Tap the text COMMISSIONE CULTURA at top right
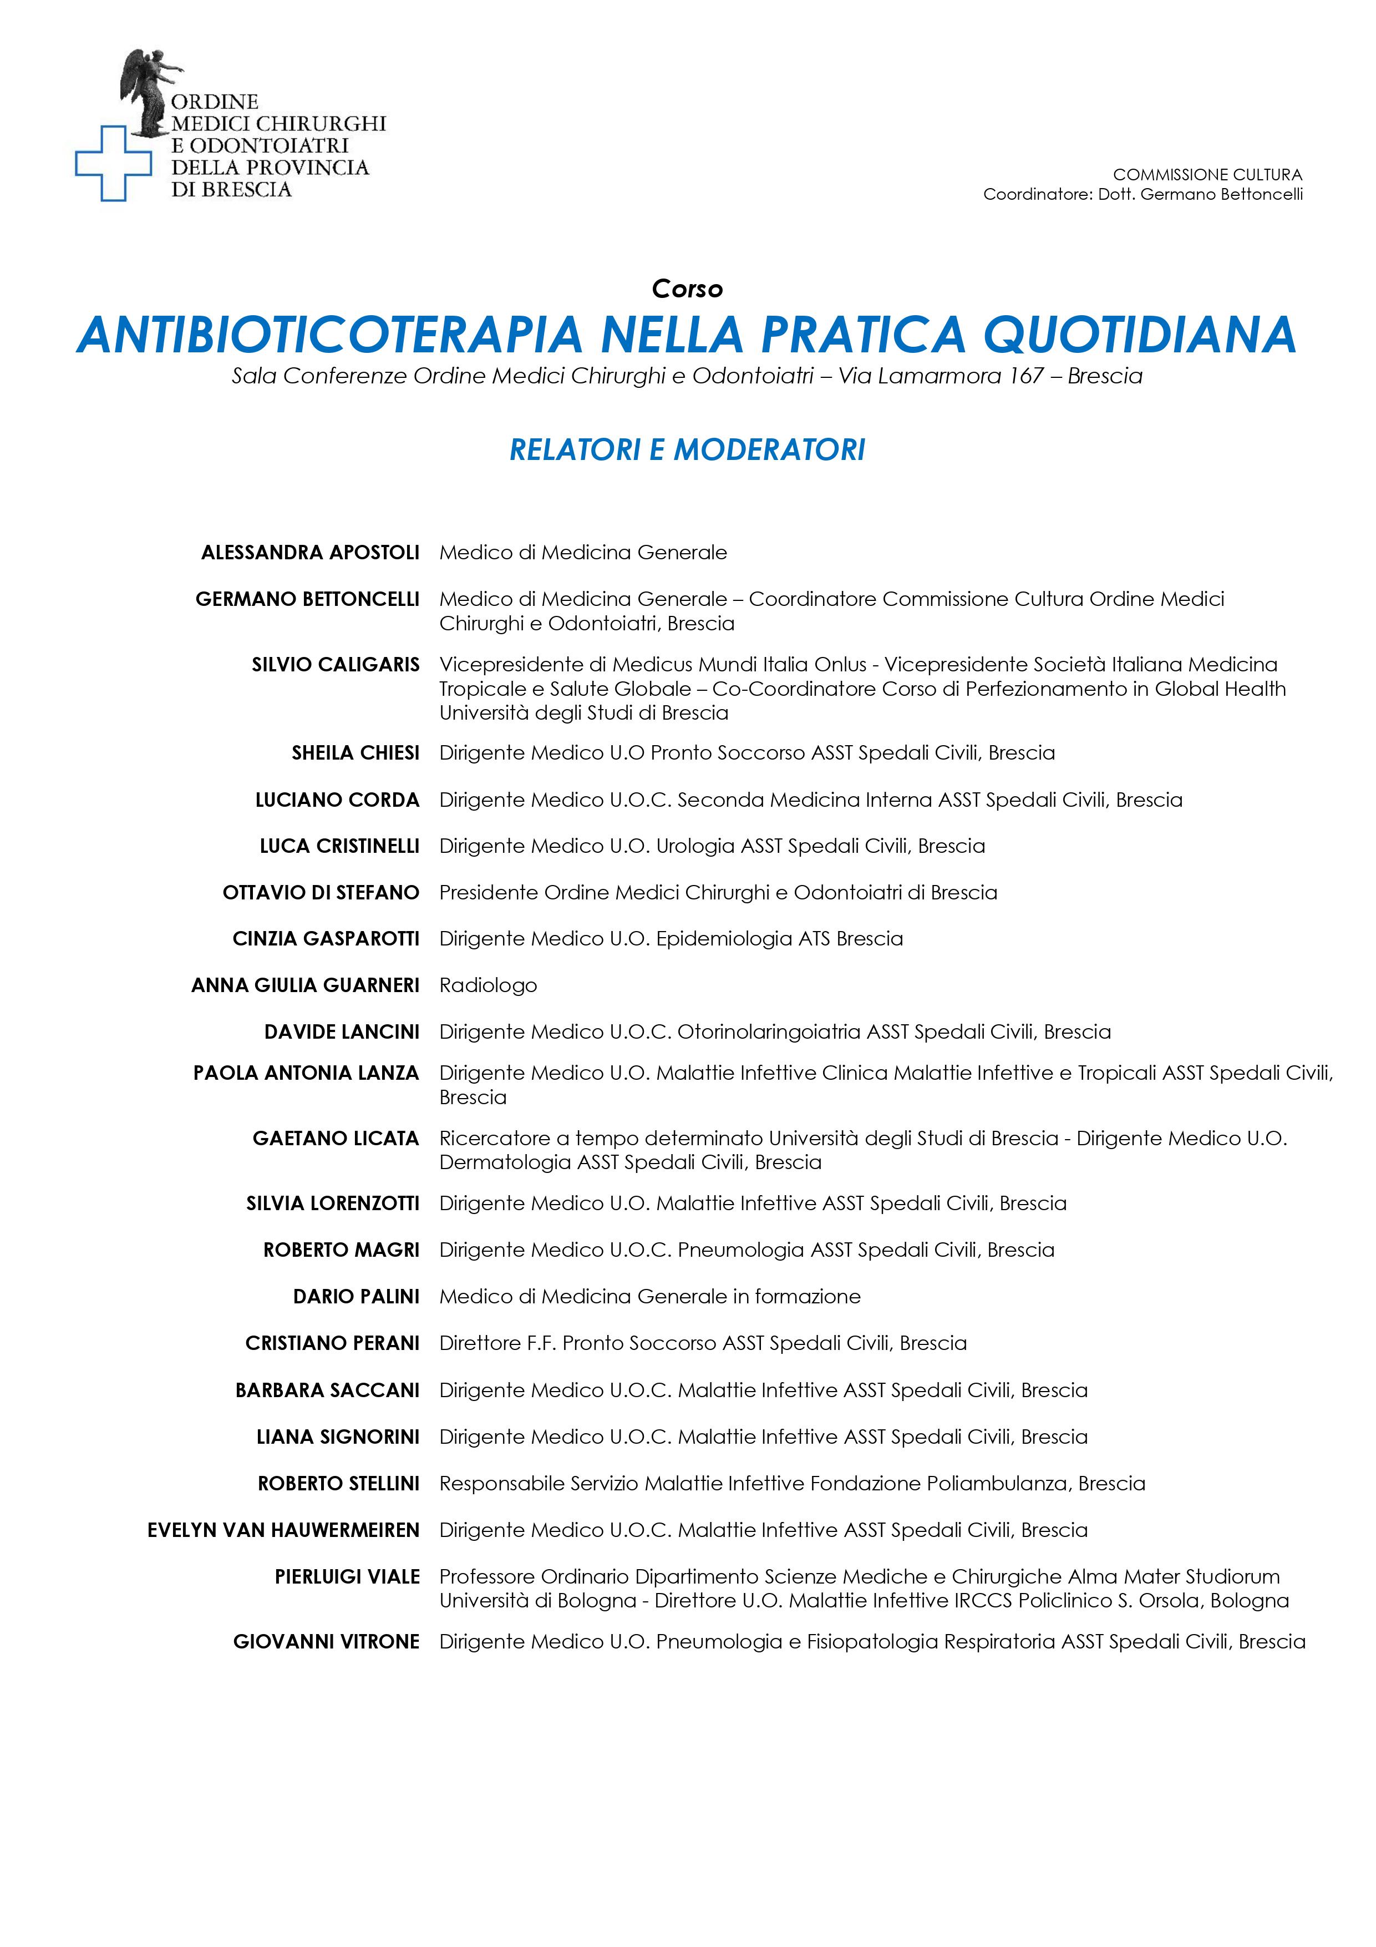(x=1207, y=175)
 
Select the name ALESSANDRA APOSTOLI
(x=310, y=553)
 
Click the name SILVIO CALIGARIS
(x=336, y=665)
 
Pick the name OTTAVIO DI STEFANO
(x=321, y=892)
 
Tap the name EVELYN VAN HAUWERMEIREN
(x=283, y=1530)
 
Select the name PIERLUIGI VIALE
(x=348, y=1576)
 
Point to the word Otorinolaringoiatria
(x=769, y=1032)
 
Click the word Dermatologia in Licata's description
(x=505, y=1162)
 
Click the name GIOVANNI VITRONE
(x=327, y=1642)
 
